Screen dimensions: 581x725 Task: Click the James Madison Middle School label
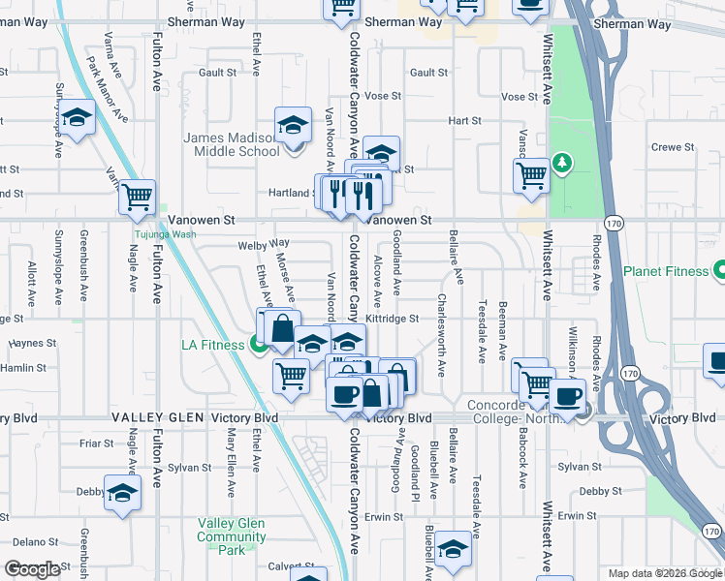tap(232, 144)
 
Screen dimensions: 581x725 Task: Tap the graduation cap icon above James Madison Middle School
tap(293, 124)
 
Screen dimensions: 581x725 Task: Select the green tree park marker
tap(561, 161)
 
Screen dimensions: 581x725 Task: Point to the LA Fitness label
tap(213, 345)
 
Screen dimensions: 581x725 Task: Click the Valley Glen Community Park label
tap(232, 536)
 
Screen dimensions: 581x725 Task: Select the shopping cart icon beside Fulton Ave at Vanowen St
tap(137, 197)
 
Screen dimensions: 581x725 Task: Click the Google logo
tap(33, 569)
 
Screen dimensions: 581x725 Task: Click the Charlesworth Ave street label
tap(442, 335)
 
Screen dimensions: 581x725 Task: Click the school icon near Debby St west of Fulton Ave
tap(122, 493)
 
